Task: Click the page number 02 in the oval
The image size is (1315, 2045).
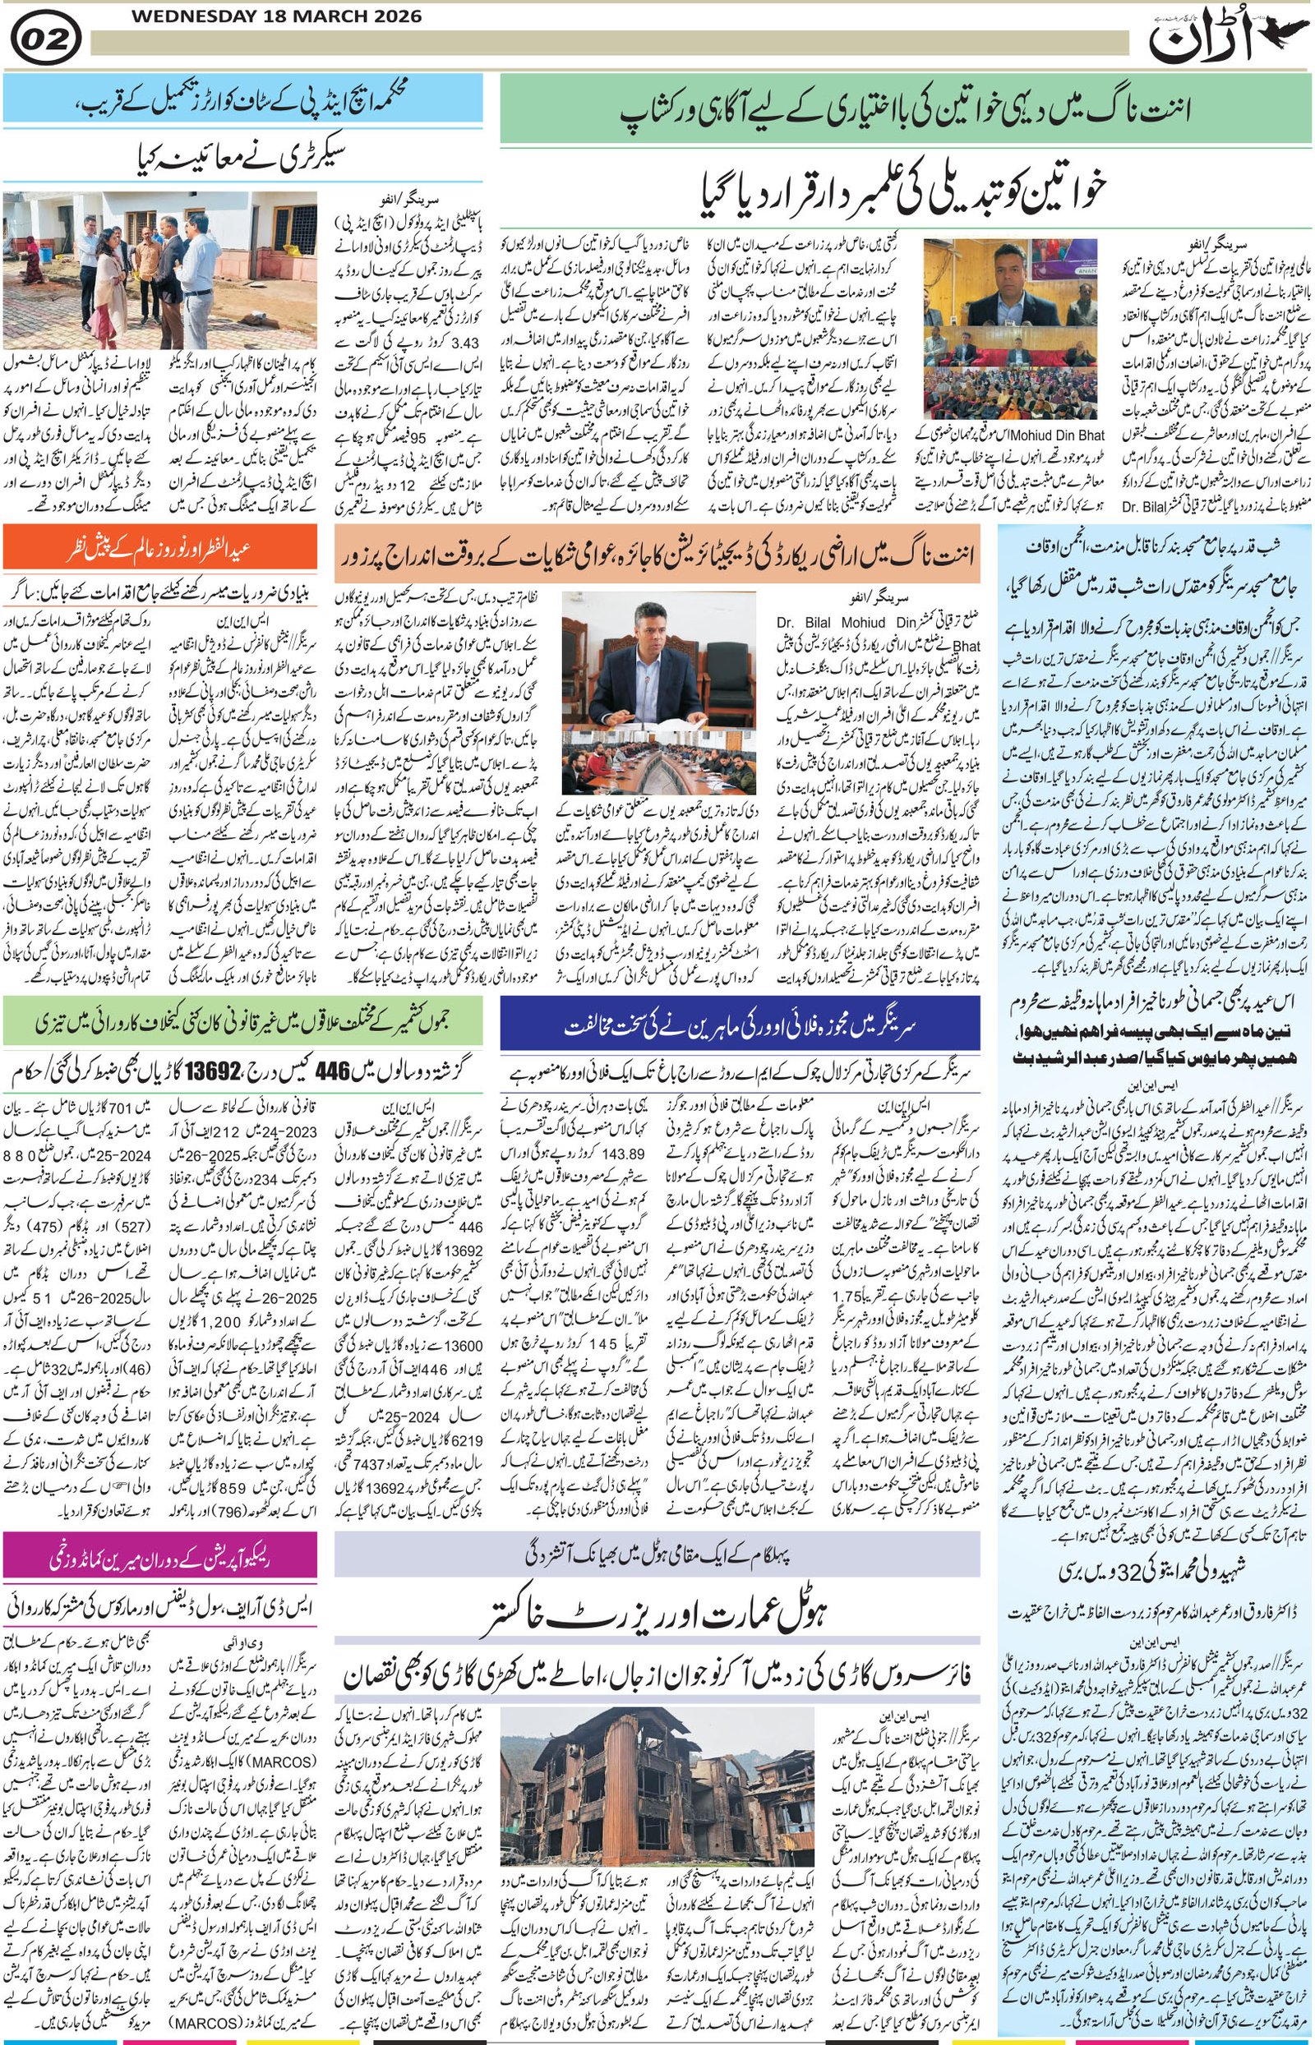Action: click(x=46, y=39)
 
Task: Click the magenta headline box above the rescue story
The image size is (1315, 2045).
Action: click(x=160, y=1557)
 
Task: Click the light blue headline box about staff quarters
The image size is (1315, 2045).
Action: click(x=242, y=100)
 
